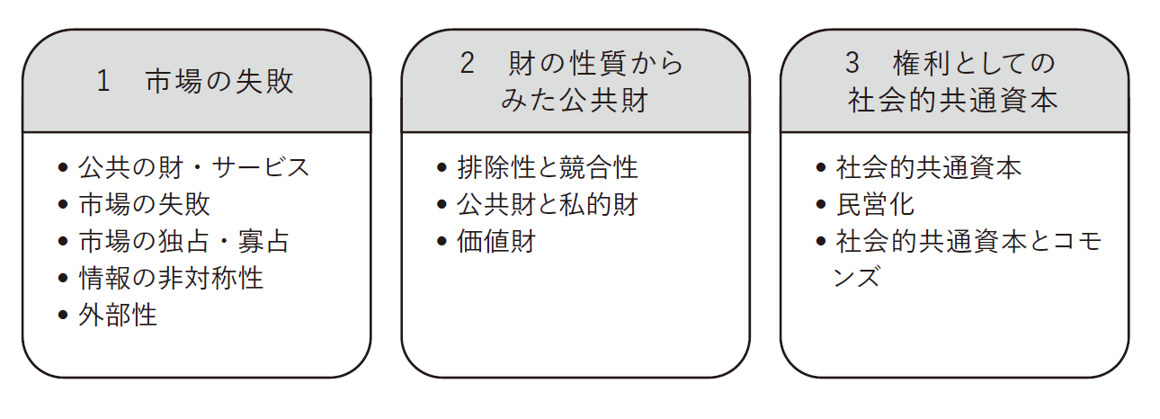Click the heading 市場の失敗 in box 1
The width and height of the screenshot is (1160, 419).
pyautogui.click(x=219, y=82)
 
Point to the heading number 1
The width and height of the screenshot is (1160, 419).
pyautogui.click(x=103, y=82)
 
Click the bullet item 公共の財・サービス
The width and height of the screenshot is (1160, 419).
pyautogui.click(x=193, y=167)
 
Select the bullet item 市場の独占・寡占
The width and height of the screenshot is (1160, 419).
pyautogui.click(x=183, y=241)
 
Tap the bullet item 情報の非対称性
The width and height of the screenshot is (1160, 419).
pyautogui.click(x=171, y=278)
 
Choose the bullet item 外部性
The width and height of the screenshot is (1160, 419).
pyautogui.click(x=118, y=315)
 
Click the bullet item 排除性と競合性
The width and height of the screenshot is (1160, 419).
pyautogui.click(x=547, y=167)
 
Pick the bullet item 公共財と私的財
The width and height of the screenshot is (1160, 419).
pyautogui.click(x=547, y=204)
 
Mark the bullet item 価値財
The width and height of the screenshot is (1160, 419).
pyautogui.click(x=495, y=241)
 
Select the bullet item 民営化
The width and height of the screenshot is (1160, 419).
pyautogui.click(x=875, y=204)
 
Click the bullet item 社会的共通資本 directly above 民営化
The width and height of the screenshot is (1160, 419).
pyautogui.click(x=928, y=167)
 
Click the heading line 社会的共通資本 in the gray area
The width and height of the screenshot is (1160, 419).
pyautogui.click(x=953, y=100)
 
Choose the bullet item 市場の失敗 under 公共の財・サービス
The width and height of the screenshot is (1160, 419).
pyautogui.click(x=144, y=204)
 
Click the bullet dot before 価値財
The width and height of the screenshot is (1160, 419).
pyautogui.click(x=442, y=242)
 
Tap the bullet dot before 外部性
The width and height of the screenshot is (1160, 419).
pyautogui.click(x=62, y=316)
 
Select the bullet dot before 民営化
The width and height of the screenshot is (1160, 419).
pyautogui.click(x=820, y=205)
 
